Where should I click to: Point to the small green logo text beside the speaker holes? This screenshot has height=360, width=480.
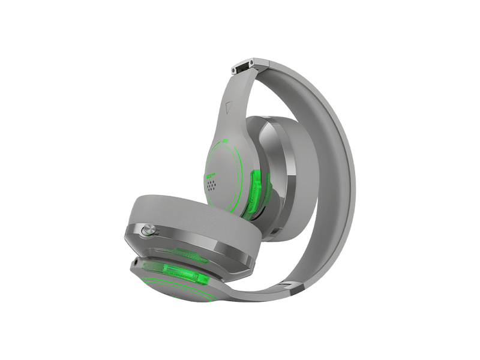[x=209, y=175]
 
